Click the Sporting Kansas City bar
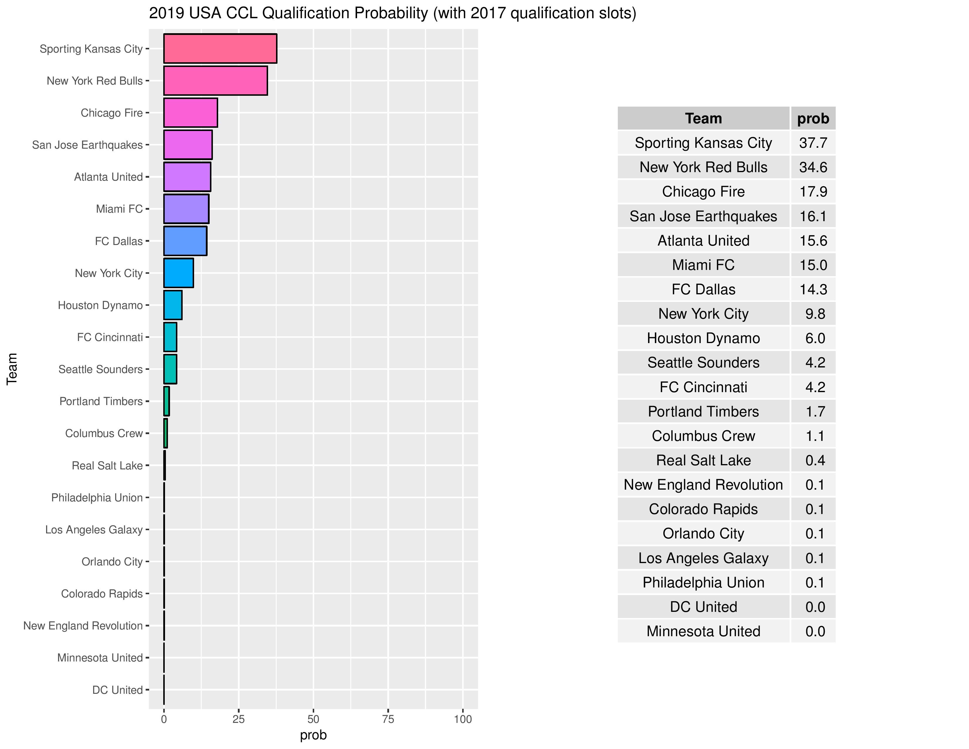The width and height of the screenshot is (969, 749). (220, 48)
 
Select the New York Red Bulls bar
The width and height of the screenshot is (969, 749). (215, 81)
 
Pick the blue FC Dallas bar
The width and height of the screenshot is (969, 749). (185, 241)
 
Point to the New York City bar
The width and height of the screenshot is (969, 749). (178, 273)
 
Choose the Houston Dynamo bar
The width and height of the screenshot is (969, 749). (173, 305)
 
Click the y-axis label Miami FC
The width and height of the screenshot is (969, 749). (119, 209)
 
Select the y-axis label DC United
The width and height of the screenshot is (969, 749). (117, 690)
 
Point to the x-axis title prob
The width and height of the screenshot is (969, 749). (313, 735)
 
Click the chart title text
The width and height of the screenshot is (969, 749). (392, 13)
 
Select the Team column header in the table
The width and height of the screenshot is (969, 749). (703, 118)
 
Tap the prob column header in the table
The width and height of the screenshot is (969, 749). (813, 118)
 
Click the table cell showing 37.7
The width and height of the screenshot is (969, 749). (813, 143)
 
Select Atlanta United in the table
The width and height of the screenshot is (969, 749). (703, 241)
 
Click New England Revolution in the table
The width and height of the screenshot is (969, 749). (703, 485)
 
